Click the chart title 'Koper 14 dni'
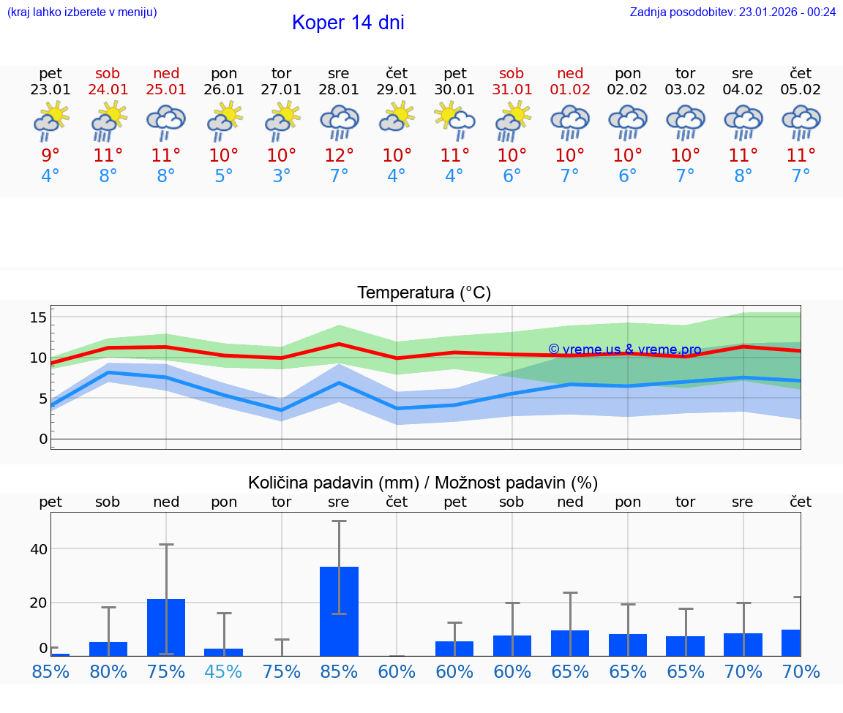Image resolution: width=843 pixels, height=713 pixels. [348, 23]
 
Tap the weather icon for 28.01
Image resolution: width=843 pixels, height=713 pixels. [339, 123]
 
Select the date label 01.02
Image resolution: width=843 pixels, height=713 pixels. [570, 90]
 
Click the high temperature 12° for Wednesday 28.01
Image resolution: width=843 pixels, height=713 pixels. [339, 156]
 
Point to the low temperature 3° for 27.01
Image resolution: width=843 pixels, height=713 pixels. [281, 176]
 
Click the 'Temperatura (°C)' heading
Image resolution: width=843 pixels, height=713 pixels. [424, 293]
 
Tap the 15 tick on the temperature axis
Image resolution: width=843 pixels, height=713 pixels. [38, 317]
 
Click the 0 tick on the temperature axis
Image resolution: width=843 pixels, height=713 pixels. [42, 439]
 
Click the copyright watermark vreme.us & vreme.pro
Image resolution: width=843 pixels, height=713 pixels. [624, 350]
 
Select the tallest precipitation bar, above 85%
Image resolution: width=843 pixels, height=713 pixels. [339, 611]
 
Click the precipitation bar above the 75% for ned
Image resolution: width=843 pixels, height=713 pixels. [166, 627]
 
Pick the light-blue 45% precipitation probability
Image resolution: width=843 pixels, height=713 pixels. [223, 671]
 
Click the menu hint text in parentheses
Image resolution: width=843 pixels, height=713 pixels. [82, 12]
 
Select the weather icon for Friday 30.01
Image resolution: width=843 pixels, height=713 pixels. [454, 123]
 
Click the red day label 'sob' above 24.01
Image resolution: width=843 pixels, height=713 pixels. [108, 73]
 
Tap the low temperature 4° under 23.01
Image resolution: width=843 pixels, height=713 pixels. [50, 176]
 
